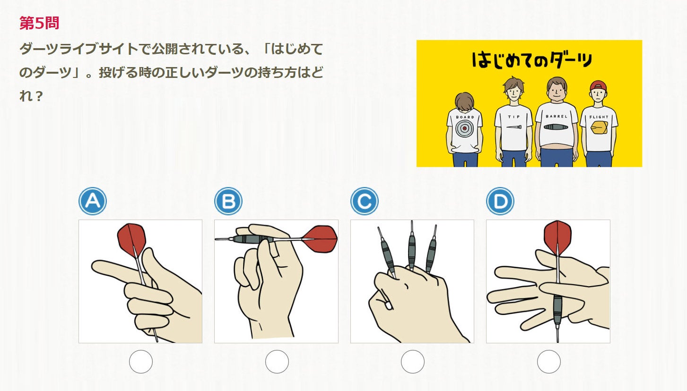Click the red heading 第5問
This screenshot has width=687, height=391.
pyautogui.click(x=39, y=23)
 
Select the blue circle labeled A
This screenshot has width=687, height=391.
pyautogui.click(x=93, y=201)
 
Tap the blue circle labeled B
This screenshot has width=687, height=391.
pyautogui.click(x=228, y=201)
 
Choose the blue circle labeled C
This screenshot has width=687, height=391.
pyautogui.click(x=365, y=201)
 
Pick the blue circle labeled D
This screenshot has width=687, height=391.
pyautogui.click(x=500, y=201)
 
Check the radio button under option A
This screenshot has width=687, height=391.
pyautogui.click(x=141, y=362)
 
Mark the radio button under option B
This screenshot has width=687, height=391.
pyautogui.click(x=277, y=362)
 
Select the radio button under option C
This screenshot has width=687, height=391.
pyautogui.click(x=413, y=362)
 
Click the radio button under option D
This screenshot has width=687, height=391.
pyautogui.click(x=549, y=362)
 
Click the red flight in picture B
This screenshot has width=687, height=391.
pyautogui.click(x=320, y=239)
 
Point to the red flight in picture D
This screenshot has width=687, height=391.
pyautogui.click(x=557, y=238)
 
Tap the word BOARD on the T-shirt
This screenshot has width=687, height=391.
pyautogui.click(x=465, y=117)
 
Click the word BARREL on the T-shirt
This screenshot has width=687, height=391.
pyautogui.click(x=557, y=117)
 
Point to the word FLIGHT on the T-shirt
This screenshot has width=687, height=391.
pyautogui.click(x=599, y=117)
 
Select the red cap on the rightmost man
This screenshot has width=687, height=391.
pyautogui.click(x=598, y=85)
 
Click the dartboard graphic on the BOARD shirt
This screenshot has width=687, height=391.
pyautogui.click(x=465, y=128)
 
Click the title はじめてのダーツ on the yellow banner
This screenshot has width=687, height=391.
pyautogui.click(x=531, y=60)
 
